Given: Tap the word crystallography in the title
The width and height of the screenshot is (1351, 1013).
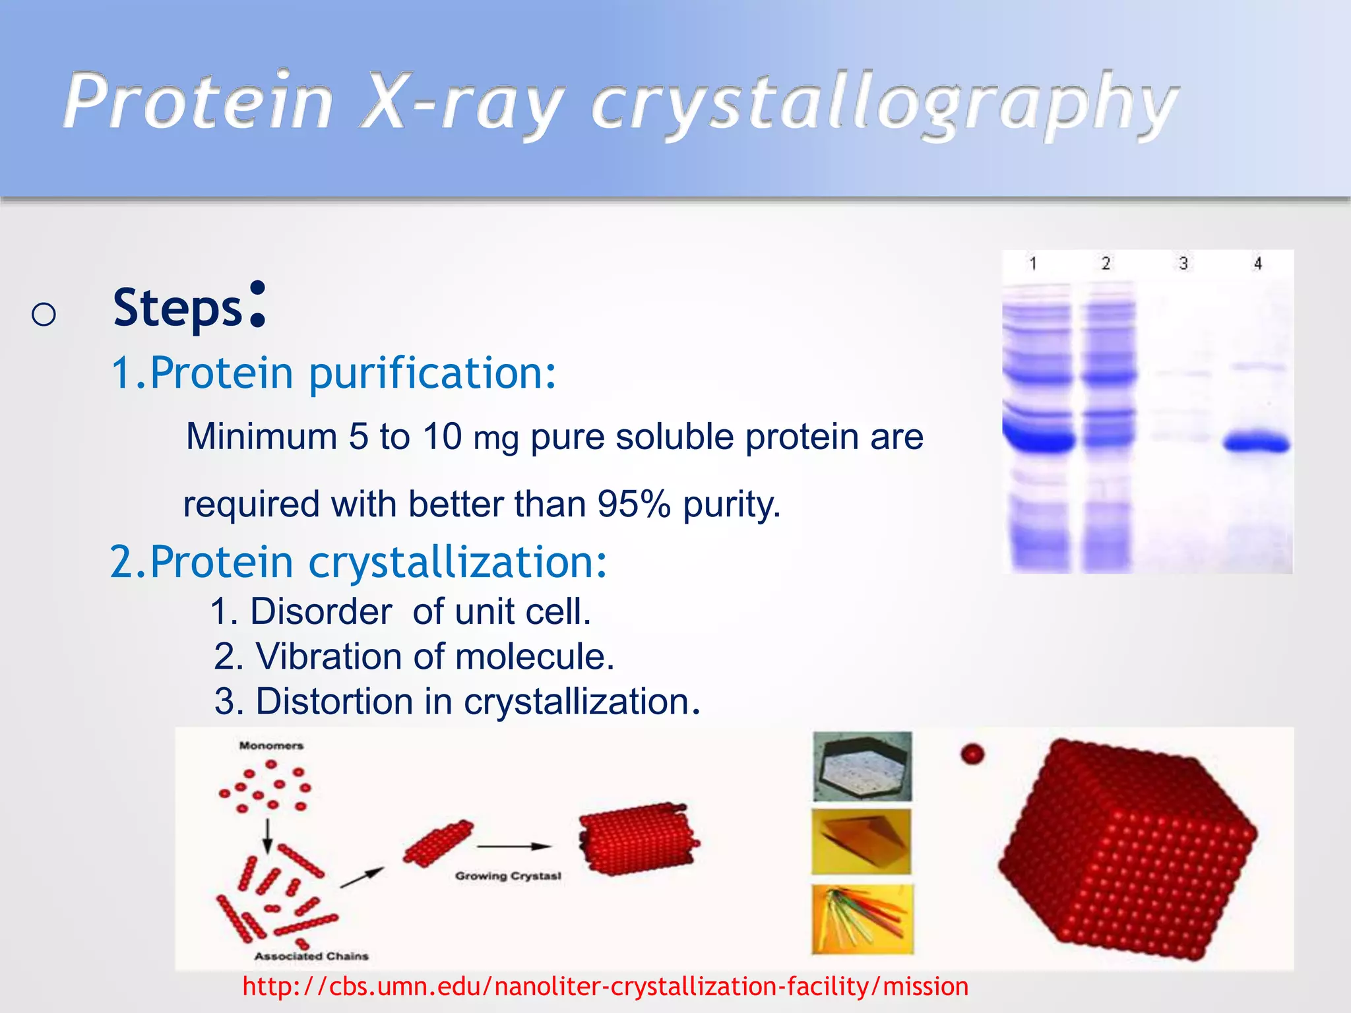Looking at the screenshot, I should click(884, 106).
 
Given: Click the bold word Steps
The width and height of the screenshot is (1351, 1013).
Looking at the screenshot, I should click(178, 308).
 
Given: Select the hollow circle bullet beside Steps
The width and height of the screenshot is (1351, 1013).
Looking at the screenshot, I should click(44, 315).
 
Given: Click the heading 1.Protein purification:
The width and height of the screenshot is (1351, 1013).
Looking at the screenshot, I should click(334, 373).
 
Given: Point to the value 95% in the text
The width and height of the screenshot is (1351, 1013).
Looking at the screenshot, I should click(633, 505).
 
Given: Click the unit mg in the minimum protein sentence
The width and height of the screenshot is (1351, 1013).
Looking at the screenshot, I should click(496, 439).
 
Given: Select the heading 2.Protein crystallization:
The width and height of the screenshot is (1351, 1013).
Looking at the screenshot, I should click(358, 562).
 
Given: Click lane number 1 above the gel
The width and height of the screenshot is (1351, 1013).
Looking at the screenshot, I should click(1033, 264).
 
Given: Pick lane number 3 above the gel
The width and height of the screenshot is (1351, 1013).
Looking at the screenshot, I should click(1183, 264).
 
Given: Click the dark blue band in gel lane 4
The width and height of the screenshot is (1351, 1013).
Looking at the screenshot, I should click(1257, 443).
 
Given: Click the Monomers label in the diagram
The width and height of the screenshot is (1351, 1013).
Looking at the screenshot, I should click(271, 746).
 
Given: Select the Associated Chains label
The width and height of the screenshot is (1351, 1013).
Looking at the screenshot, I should click(311, 956).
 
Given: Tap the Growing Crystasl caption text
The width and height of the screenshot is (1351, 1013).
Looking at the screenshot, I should click(508, 876).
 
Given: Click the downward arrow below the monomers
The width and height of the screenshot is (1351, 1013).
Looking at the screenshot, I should click(267, 836).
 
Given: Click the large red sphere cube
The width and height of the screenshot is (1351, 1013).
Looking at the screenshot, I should click(1128, 851).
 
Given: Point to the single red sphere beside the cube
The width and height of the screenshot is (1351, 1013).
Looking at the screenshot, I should click(972, 754).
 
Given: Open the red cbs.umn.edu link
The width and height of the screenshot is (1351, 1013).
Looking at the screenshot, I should click(605, 987).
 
